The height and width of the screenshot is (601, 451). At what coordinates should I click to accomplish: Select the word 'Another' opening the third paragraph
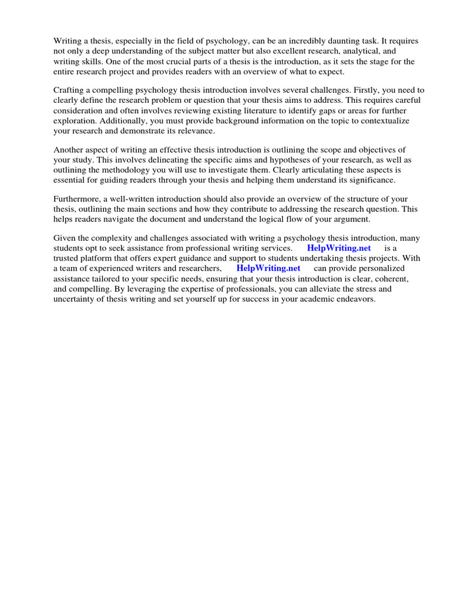pos(69,150)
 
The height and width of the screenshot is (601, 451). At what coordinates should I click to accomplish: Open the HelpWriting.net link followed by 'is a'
pos(339,248)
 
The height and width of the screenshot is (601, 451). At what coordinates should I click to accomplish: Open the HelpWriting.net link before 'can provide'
pos(268,268)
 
